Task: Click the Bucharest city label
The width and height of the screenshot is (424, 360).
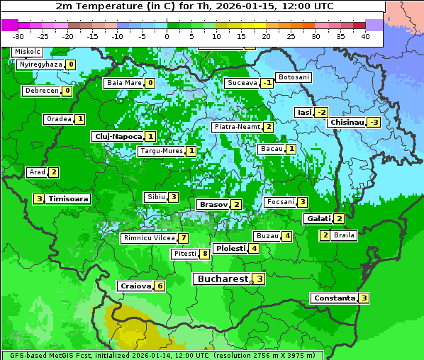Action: (x=223, y=279)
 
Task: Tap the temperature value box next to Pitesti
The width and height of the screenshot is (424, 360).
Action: (x=204, y=254)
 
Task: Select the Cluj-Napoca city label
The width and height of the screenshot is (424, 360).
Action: (x=118, y=136)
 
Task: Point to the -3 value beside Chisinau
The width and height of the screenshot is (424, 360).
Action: (x=374, y=122)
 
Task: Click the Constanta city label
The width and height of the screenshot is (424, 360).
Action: (x=334, y=298)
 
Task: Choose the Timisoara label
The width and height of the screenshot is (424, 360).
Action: (x=69, y=199)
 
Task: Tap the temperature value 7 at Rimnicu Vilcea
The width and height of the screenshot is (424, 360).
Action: (x=183, y=238)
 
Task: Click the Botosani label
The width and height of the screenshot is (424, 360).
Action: (x=293, y=77)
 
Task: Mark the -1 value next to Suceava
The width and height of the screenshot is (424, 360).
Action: (x=267, y=83)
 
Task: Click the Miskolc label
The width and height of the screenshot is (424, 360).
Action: (x=28, y=52)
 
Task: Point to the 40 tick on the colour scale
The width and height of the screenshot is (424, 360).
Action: (x=365, y=36)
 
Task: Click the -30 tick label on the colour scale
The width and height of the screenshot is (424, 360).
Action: (x=18, y=36)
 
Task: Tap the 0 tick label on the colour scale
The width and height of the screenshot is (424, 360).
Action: (x=167, y=36)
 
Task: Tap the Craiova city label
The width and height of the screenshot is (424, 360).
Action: (x=135, y=286)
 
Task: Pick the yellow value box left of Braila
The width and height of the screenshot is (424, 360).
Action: (x=325, y=235)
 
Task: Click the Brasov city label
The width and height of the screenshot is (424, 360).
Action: (x=213, y=204)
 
